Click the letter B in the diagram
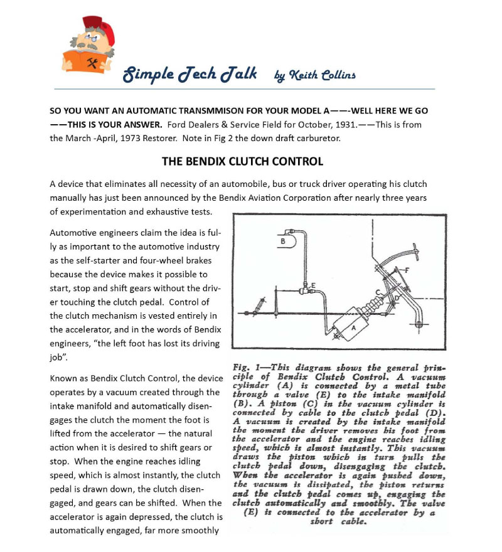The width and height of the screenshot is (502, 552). click(282, 240)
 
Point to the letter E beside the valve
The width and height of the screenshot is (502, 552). click(312, 285)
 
